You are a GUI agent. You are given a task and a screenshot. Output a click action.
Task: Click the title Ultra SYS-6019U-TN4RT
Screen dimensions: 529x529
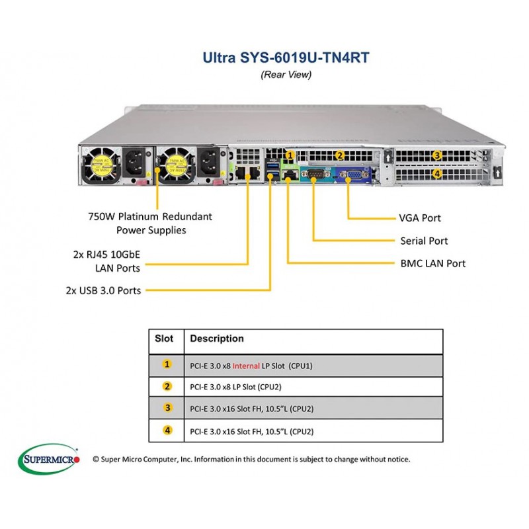click(286, 58)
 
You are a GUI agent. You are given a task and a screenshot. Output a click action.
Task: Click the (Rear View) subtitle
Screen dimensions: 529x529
click(286, 74)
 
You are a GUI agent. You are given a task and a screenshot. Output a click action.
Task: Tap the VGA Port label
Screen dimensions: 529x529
click(420, 218)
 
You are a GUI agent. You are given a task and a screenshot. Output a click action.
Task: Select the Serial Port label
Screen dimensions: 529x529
click(424, 241)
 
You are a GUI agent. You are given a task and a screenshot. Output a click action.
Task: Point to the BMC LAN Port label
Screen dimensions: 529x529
click(433, 263)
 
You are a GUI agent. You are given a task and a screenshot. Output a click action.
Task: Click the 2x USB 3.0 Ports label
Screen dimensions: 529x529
click(103, 290)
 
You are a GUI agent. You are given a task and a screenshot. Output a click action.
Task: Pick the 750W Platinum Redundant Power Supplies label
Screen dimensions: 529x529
click(150, 224)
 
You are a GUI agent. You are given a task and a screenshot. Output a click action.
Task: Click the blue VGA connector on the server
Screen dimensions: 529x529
click(350, 175)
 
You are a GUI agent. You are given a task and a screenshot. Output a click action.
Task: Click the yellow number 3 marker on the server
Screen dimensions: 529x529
click(437, 155)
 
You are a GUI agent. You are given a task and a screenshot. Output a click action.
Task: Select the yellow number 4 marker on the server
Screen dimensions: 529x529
click(437, 173)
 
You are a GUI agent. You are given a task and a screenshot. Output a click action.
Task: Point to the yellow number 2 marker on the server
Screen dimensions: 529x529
click(340, 155)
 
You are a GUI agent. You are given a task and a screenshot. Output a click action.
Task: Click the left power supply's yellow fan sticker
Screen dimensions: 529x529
click(102, 167)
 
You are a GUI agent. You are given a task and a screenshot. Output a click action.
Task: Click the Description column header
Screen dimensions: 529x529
click(217, 339)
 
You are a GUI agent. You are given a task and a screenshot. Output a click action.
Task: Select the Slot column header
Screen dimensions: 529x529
click(164, 339)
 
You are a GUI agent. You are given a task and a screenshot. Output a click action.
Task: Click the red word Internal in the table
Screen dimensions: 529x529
click(246, 366)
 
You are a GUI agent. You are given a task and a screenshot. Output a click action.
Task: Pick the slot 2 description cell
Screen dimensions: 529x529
click(313, 387)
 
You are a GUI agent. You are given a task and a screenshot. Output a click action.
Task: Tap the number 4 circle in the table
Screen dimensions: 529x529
click(167, 430)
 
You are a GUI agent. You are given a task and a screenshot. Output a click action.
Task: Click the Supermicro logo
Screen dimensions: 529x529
click(49, 459)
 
